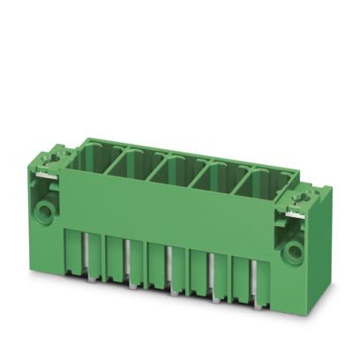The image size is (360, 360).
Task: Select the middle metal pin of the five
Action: coord(171,269)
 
